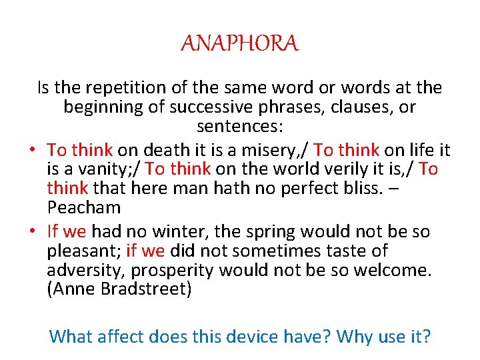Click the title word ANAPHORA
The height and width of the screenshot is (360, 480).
tap(240, 44)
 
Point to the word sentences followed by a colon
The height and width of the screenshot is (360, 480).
tap(239, 126)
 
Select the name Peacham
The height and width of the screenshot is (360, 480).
tap(84, 207)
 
